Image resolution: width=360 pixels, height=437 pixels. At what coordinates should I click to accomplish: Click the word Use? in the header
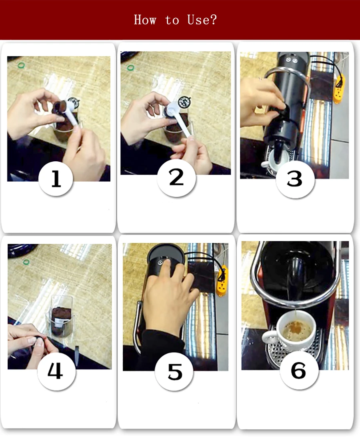[202, 20]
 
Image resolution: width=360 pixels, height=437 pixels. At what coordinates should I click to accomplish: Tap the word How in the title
[145, 20]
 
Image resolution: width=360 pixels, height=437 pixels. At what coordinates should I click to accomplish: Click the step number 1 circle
[56, 178]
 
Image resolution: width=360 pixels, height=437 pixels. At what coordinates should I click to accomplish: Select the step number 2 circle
[176, 177]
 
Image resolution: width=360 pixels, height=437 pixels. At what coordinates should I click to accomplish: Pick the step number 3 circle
[295, 178]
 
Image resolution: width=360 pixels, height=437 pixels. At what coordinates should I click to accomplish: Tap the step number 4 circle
[56, 371]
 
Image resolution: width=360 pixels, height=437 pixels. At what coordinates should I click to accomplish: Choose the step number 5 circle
[174, 372]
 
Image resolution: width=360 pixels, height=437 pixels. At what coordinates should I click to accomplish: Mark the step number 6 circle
[299, 371]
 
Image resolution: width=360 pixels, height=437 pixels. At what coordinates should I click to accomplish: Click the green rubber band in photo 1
[21, 66]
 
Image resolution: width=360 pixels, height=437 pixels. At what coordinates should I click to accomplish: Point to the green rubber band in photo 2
[130, 68]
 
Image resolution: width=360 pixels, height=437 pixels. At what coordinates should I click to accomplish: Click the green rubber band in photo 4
[26, 262]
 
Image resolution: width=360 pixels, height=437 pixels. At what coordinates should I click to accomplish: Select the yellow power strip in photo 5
[222, 281]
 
